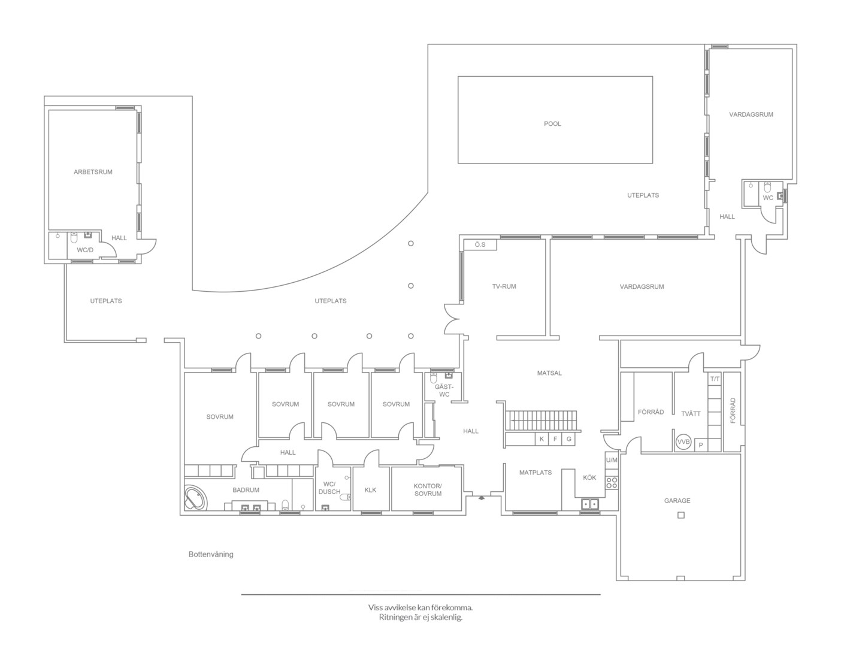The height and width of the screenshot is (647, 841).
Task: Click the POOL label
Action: pyautogui.click(x=552, y=124)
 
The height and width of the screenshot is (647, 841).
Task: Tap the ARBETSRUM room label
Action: pyautogui.click(x=93, y=172)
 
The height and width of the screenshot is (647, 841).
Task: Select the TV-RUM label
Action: pyautogui.click(x=504, y=286)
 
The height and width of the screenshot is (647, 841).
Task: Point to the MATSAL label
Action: pyautogui.click(x=549, y=373)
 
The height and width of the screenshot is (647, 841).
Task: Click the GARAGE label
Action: pyautogui.click(x=677, y=500)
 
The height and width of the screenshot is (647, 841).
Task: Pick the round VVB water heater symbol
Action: pyautogui.click(x=683, y=442)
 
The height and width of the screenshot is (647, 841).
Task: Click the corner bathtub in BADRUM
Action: pyautogui.click(x=195, y=498)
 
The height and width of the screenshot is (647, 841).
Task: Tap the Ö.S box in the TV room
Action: pyautogui.click(x=480, y=245)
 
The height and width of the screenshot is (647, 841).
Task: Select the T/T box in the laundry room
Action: pyautogui.click(x=715, y=379)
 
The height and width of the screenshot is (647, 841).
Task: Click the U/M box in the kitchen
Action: pyautogui.click(x=612, y=460)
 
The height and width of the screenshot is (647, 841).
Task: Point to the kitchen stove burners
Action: pyautogui.click(x=612, y=482)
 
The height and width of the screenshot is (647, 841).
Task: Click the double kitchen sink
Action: pyautogui.click(x=590, y=504)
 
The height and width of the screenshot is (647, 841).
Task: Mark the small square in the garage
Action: pyautogui.click(x=681, y=515)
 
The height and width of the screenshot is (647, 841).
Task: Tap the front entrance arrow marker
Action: pyautogui.click(x=481, y=498)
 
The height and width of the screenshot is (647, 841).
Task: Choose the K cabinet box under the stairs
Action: pyautogui.click(x=542, y=439)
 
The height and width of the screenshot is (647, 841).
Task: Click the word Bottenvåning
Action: pyautogui.click(x=211, y=554)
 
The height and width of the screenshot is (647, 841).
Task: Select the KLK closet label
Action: pyautogui.click(x=370, y=490)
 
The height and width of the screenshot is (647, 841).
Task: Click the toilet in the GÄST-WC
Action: pyautogui.click(x=434, y=377)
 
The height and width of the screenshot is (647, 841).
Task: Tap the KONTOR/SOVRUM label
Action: pyautogui.click(x=428, y=490)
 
